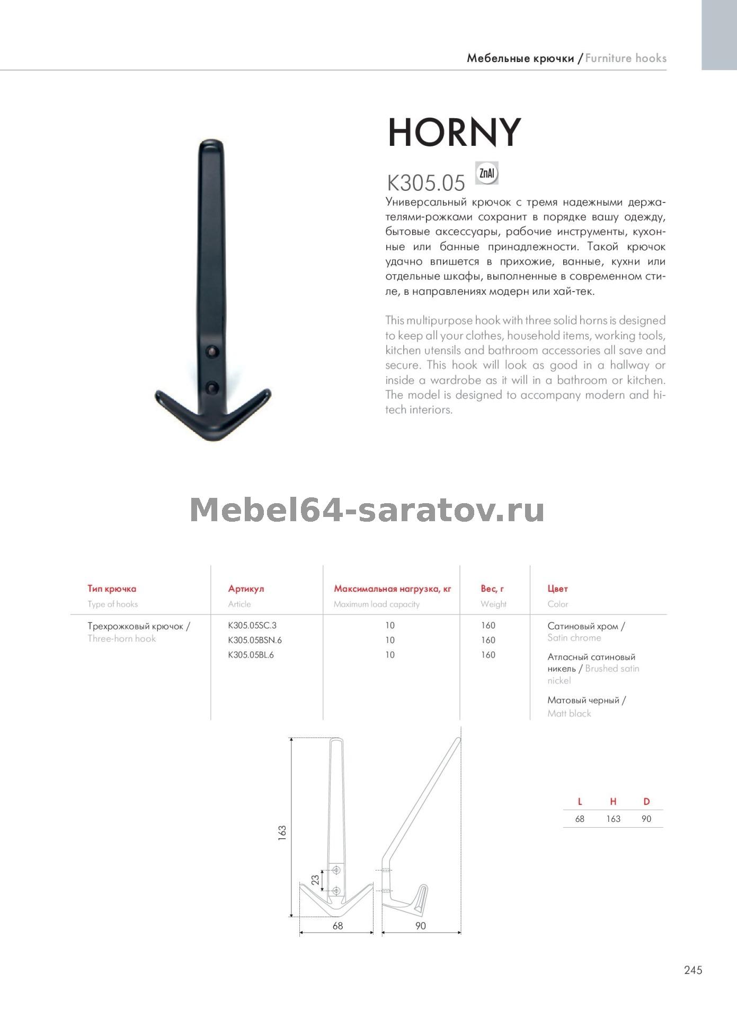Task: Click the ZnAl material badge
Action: [x=487, y=173]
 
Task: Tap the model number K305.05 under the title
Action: [x=426, y=183]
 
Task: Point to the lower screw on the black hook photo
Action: [x=212, y=387]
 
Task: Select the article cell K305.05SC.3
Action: [x=252, y=625]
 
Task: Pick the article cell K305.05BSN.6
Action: [x=255, y=640]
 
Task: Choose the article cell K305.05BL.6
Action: [x=251, y=655]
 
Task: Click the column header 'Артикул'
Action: [x=246, y=589]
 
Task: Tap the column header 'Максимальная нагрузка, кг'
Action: [x=392, y=589]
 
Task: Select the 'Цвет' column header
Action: [x=557, y=589]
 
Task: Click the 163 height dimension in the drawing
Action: [x=282, y=831]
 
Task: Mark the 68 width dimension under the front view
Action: [x=338, y=926]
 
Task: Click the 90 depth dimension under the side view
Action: [x=421, y=926]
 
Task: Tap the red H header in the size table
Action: [x=613, y=802]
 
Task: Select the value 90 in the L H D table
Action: [x=646, y=819]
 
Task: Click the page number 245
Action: [x=693, y=970]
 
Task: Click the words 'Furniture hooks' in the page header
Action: [x=626, y=58]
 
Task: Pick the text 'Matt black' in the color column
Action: [x=569, y=713]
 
